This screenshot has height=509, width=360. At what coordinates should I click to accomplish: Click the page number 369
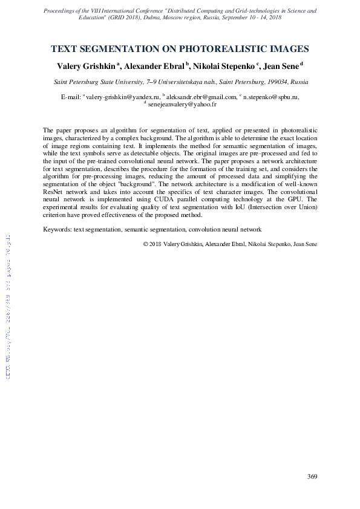(x=312, y=477)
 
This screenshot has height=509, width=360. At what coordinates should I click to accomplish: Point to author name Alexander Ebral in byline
(x=154, y=65)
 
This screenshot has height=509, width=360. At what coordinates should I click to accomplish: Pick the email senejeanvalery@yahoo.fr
(x=182, y=104)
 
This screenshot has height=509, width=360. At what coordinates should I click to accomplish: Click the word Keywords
(x=57, y=230)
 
